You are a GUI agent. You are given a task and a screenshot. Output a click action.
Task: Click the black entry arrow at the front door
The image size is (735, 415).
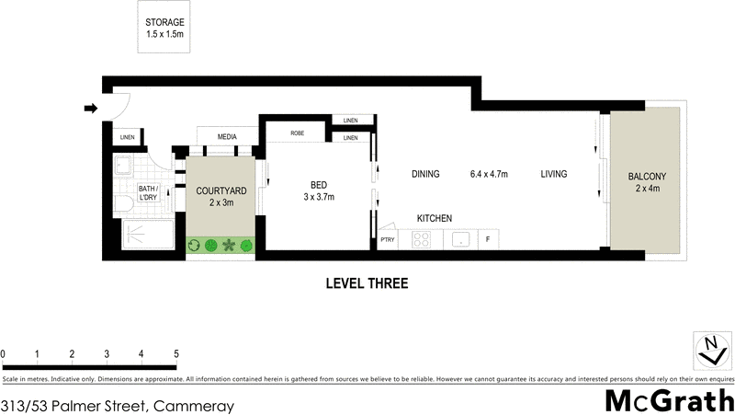(x=90, y=109)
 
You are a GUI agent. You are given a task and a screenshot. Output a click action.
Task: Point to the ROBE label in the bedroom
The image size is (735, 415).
(x=298, y=133)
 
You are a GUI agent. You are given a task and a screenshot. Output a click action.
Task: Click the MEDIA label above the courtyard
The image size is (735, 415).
(x=227, y=137)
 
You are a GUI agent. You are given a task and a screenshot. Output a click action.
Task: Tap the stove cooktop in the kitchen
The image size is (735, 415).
(x=423, y=239)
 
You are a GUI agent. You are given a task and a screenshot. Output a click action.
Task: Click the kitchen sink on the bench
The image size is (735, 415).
(x=461, y=239)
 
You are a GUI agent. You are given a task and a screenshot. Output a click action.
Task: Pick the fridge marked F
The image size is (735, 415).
(x=488, y=239)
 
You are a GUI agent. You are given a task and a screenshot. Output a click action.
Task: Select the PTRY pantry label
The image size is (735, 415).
(x=388, y=240)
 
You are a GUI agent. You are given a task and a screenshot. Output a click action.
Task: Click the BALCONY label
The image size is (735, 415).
(x=647, y=182)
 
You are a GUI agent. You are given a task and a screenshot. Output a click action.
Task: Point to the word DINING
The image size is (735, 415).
(x=425, y=174)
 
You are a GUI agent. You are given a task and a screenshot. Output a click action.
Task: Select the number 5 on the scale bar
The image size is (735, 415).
(x=175, y=353)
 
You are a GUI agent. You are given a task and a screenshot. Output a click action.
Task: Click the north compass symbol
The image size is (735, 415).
(x=709, y=351)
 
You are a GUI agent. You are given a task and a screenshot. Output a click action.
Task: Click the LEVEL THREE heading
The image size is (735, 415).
(x=367, y=283)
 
